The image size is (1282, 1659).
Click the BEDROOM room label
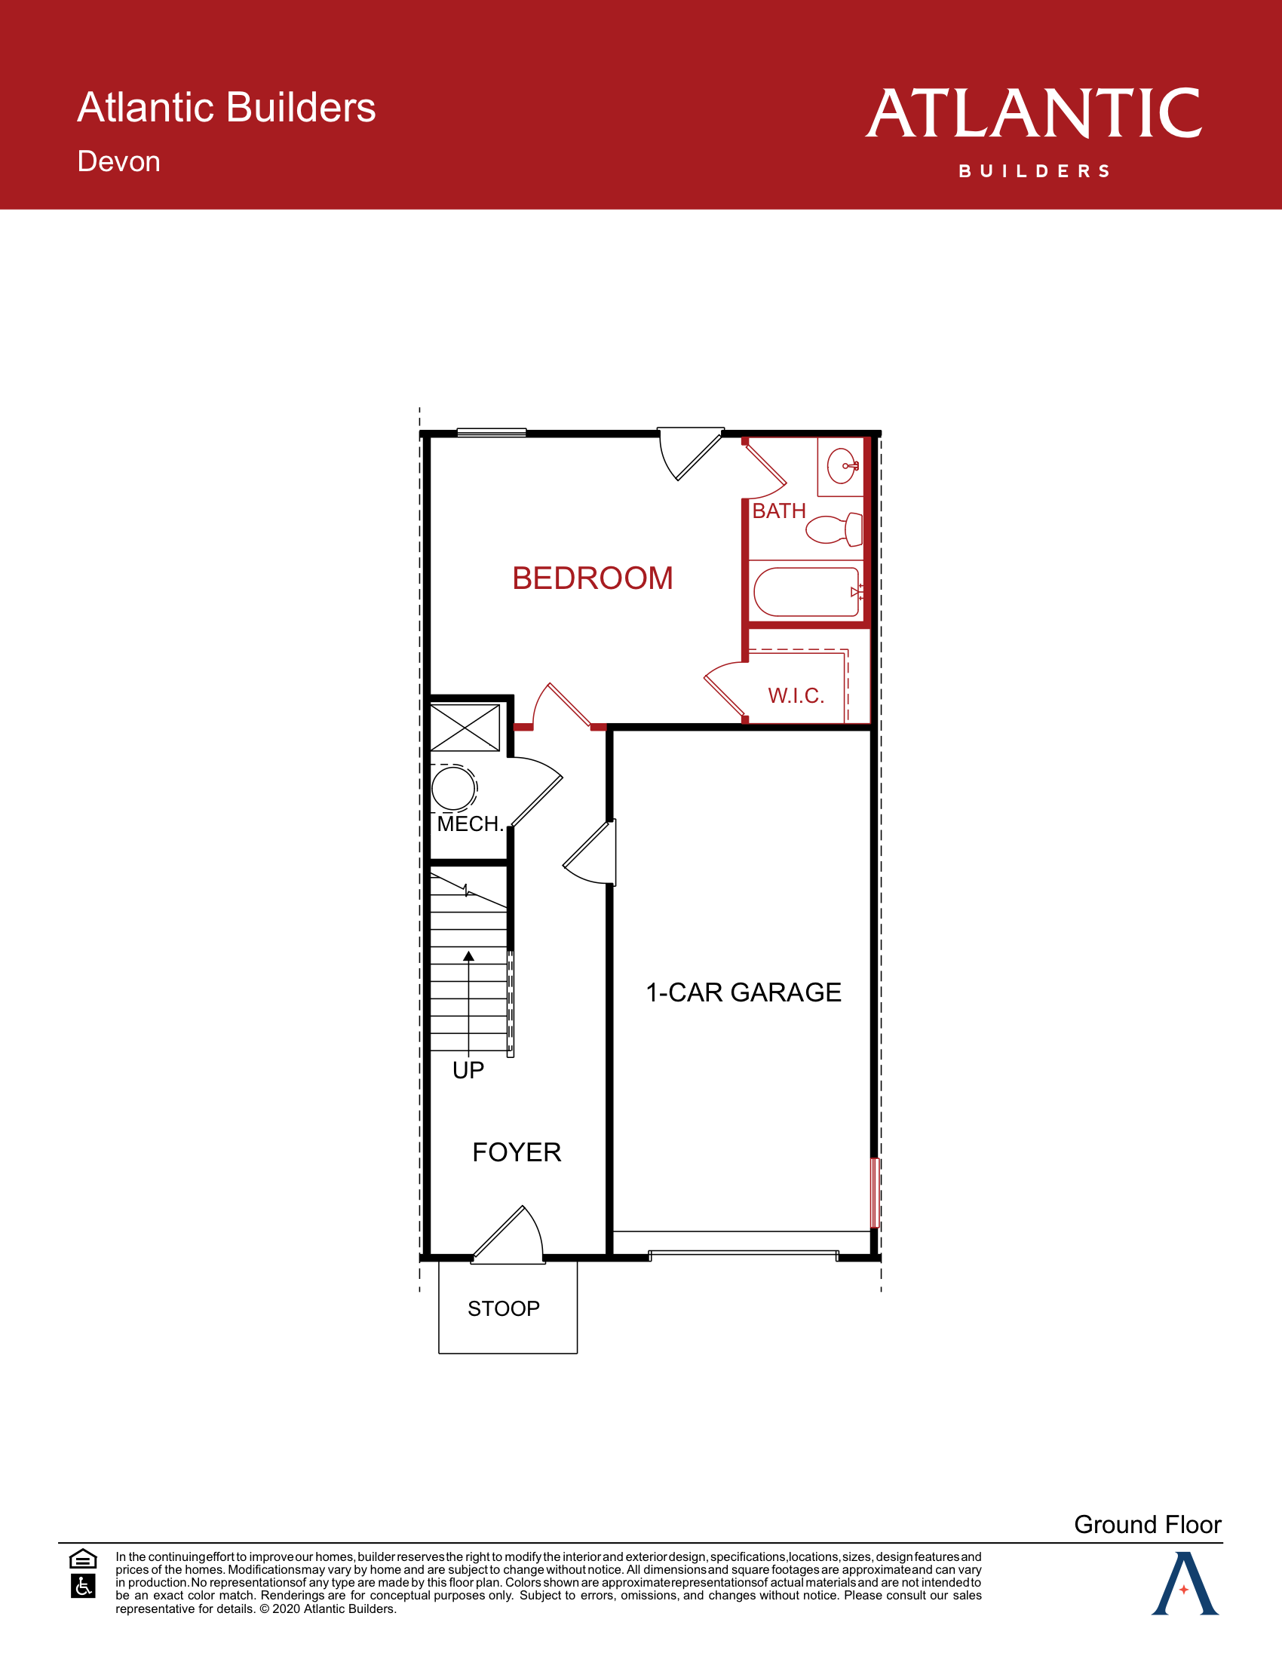pos(593,579)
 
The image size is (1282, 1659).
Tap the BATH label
pos(778,511)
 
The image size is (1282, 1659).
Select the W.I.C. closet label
pos(795,696)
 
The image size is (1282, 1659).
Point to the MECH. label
pos(470,824)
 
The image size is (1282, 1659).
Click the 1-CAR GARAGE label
pos(743,993)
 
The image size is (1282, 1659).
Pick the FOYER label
pos(517,1153)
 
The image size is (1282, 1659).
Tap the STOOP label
pos(504,1309)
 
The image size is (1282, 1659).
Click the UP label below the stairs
pos(468,1071)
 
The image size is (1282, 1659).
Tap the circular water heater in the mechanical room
pos(453,789)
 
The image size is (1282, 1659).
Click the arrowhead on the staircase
pos(468,956)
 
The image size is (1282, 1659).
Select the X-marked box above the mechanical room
pos(465,728)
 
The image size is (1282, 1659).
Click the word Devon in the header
pos(118,162)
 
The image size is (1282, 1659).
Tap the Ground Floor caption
pos(1147,1525)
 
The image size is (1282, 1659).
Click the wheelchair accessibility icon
pos(83,1586)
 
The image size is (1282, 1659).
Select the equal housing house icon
pos(83,1559)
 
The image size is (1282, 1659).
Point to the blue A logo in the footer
pos(1184,1584)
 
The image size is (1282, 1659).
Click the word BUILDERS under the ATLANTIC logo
pos(1035,172)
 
